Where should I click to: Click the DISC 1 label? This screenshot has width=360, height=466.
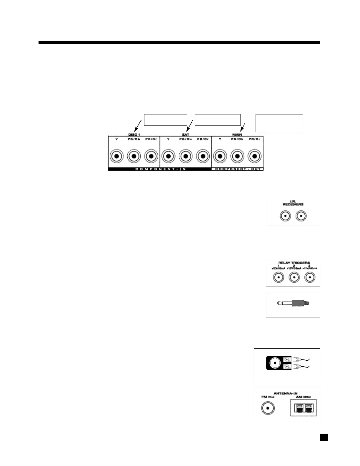[134, 135]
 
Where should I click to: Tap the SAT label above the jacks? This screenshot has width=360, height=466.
[186, 135]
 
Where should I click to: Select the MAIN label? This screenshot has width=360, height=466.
[237, 135]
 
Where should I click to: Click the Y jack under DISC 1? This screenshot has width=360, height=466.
[117, 156]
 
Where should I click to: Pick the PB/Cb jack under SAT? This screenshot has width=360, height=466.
[185, 156]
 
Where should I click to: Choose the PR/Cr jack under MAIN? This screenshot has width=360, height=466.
[254, 156]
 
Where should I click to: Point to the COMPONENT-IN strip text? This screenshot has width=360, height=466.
[160, 169]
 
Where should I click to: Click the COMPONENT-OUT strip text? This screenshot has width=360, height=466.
[237, 169]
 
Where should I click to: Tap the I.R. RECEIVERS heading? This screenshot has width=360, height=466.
[293, 203]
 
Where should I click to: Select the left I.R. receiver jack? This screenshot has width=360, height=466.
[285, 217]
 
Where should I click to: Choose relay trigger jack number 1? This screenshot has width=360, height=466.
[279, 277]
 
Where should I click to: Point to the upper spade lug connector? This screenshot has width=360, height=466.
[296, 360]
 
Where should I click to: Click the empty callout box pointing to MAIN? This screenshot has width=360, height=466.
[279, 123]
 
